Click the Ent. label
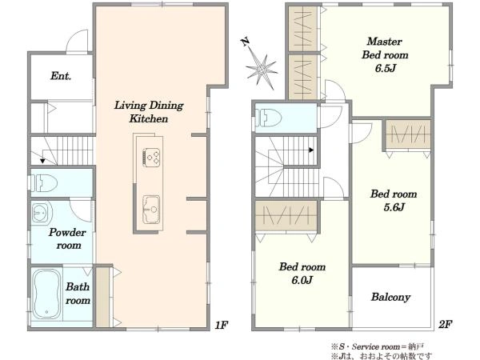click(61, 76)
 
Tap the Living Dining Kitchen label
click(149, 112)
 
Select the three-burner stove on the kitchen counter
click(151, 158)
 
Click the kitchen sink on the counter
click(151, 210)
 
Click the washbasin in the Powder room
click(41, 211)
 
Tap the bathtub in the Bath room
click(46, 294)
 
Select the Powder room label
click(67, 238)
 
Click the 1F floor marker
click(221, 325)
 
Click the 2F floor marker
click(445, 324)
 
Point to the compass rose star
click(261, 69)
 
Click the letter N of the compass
click(246, 42)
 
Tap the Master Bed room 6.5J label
click(385, 54)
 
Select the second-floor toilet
click(269, 118)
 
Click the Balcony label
click(390, 297)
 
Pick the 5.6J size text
click(394, 207)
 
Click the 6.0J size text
click(302, 280)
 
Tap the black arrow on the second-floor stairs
click(311, 150)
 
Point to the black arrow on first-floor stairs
click(42, 161)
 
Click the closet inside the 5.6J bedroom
click(408, 134)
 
